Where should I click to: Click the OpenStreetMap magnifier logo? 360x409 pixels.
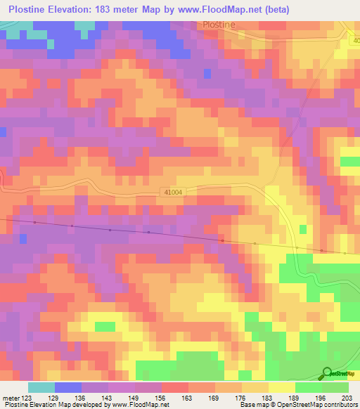coord(328,373)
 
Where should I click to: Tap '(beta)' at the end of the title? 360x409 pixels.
coord(273,8)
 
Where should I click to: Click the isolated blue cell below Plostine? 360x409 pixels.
coord(207,73)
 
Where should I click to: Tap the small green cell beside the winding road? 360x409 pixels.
coord(303,230)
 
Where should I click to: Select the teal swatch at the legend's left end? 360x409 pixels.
coord(41,387)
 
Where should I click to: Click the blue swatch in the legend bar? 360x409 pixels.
coord(68,387)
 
